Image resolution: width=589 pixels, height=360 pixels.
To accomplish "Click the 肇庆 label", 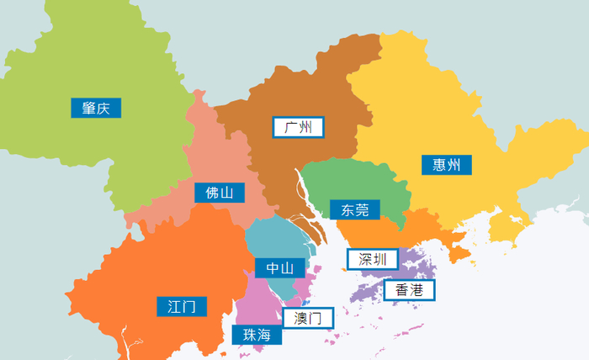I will pyautogui.click(x=96, y=108).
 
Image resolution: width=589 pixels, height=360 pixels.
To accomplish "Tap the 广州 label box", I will pyautogui.click(x=299, y=128).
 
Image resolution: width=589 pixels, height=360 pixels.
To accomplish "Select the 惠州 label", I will pyautogui.click(x=446, y=165).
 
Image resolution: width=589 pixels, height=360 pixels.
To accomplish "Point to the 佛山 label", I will pyautogui.click(x=219, y=193).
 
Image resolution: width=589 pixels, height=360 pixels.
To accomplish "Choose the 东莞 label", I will pyautogui.click(x=354, y=209).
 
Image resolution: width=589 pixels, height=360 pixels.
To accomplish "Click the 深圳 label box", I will pyautogui.click(x=372, y=259).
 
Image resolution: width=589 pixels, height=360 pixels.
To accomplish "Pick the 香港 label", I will pyautogui.click(x=410, y=291).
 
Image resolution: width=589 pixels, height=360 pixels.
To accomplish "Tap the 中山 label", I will pyautogui.click(x=280, y=268).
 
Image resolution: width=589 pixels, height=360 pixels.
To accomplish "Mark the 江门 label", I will pyautogui.click(x=182, y=306).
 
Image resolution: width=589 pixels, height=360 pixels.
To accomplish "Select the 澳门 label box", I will pyautogui.click(x=308, y=318).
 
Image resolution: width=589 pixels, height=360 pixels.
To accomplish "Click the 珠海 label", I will pyautogui.click(x=257, y=335).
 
